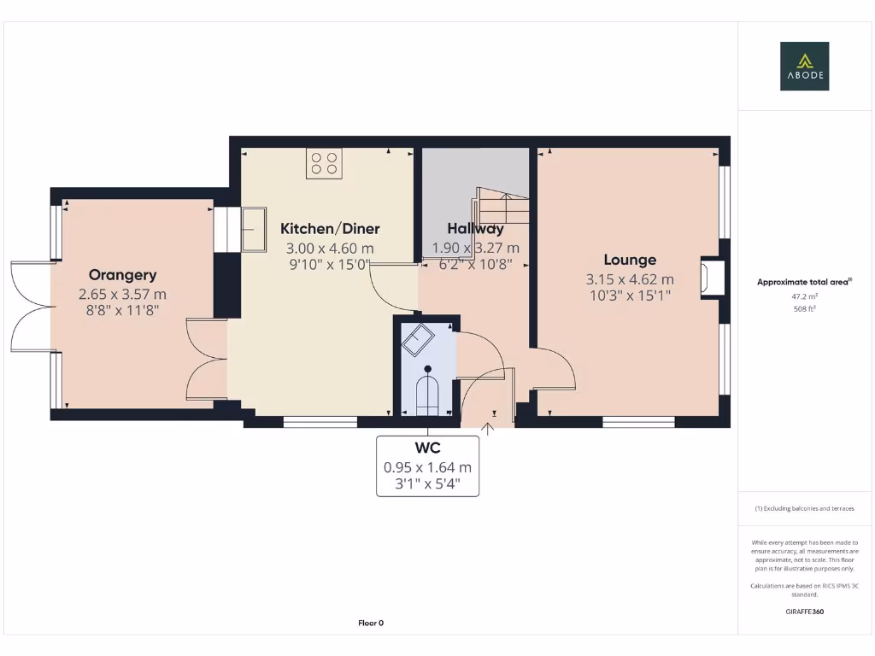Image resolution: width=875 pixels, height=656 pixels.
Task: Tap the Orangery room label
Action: (123, 275)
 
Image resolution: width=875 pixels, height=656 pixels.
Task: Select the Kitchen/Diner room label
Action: (330, 229)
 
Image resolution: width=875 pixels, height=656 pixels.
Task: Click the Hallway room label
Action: (475, 229)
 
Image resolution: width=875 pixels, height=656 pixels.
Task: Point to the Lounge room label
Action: (630, 261)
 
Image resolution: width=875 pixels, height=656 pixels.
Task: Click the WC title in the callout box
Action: (427, 448)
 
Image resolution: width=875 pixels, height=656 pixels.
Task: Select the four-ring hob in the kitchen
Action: (324, 163)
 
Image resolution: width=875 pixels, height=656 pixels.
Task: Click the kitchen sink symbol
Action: (254, 229)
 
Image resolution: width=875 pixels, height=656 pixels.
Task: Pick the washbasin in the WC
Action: (418, 341)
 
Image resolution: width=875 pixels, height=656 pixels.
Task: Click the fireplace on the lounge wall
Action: (710, 278)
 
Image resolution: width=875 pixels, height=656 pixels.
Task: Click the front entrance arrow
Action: (488, 428)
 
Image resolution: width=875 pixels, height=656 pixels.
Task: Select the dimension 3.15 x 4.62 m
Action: (630, 279)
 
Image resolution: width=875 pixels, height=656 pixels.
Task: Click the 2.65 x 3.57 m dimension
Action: (123, 294)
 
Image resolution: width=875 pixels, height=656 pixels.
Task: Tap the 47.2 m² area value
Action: (803, 298)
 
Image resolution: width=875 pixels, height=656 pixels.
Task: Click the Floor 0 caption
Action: (371, 624)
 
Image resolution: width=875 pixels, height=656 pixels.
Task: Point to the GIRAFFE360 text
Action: (804, 612)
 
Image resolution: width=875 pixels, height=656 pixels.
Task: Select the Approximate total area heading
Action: (804, 282)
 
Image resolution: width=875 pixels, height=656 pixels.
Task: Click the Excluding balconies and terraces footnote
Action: (804, 508)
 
